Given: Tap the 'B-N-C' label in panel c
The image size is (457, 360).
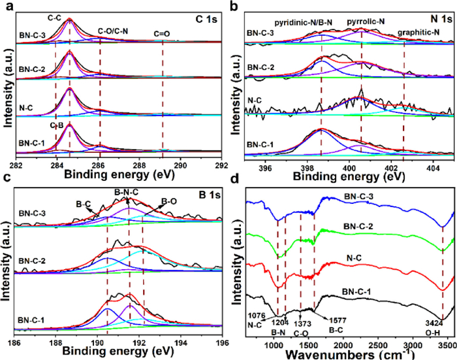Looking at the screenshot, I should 127,192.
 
